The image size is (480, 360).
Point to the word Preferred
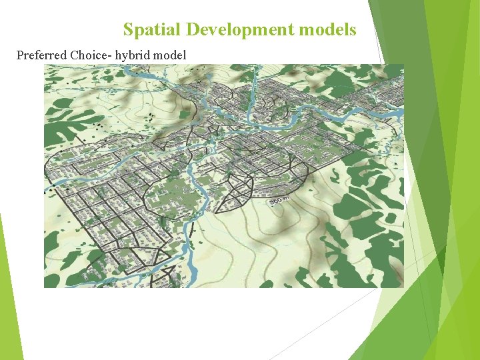pyautogui.click(x=41, y=55)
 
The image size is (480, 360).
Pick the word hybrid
pyautogui.click(x=133, y=55)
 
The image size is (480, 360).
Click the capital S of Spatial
pyautogui.click(x=128, y=30)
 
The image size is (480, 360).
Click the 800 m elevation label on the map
pyautogui.click(x=279, y=201)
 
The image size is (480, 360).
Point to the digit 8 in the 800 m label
pyautogui.click(x=272, y=201)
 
